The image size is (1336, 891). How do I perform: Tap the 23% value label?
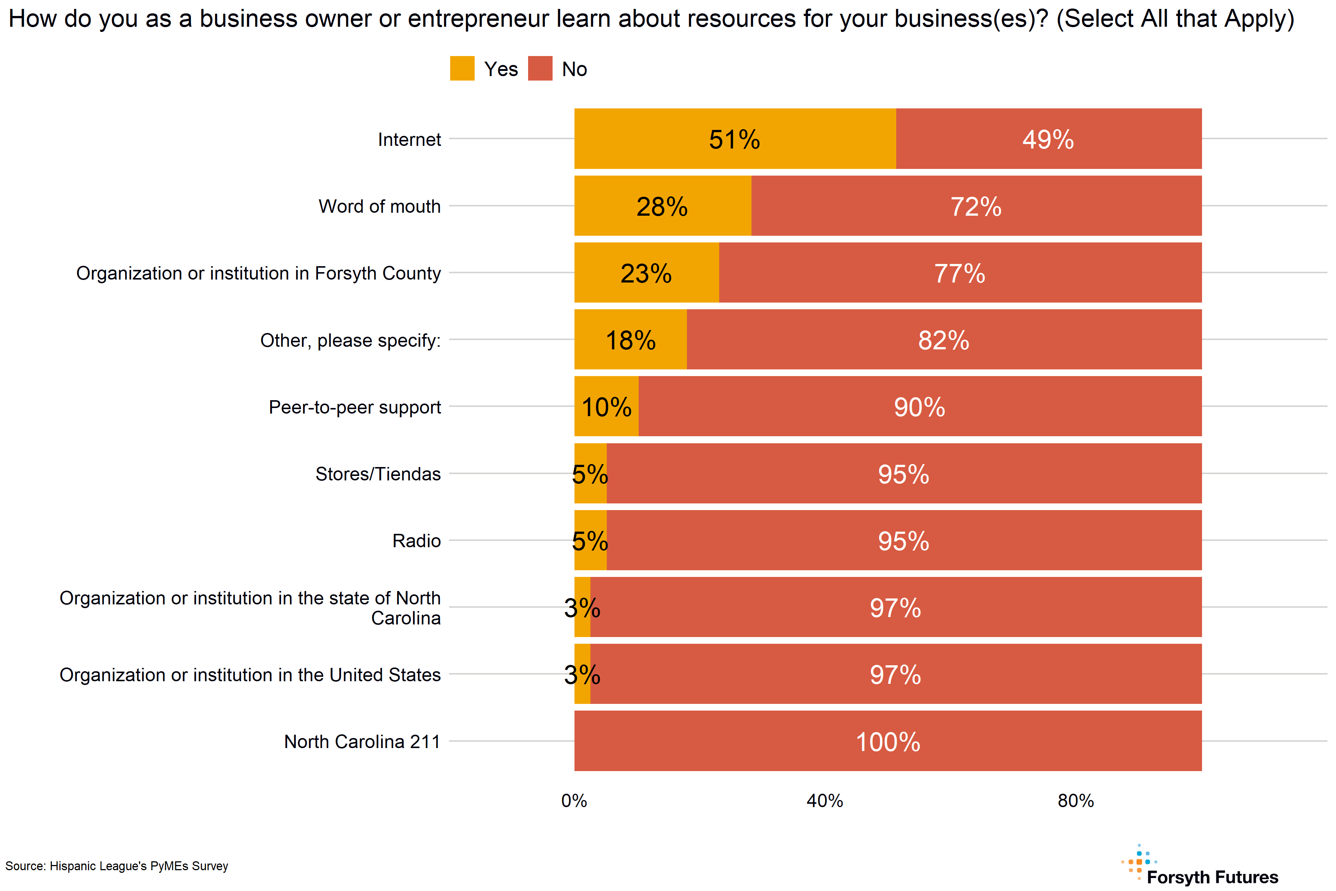[646, 273]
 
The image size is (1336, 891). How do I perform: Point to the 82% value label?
[943, 340]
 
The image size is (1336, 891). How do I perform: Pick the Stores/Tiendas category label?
[378, 474]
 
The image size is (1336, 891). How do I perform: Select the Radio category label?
[416, 541]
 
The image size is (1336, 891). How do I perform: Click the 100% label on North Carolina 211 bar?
[888, 742]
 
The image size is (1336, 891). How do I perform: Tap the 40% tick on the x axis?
[825, 801]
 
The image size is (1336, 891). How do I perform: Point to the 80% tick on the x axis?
[1075, 801]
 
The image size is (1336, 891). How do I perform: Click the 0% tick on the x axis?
[574, 801]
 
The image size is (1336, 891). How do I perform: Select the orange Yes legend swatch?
[462, 69]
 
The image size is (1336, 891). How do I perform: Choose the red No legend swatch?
[540, 69]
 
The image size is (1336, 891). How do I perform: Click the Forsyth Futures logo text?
[1212, 877]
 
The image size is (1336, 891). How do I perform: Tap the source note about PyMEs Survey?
[117, 866]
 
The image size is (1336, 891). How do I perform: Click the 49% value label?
[1048, 140]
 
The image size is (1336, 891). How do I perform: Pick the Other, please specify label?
[350, 340]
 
